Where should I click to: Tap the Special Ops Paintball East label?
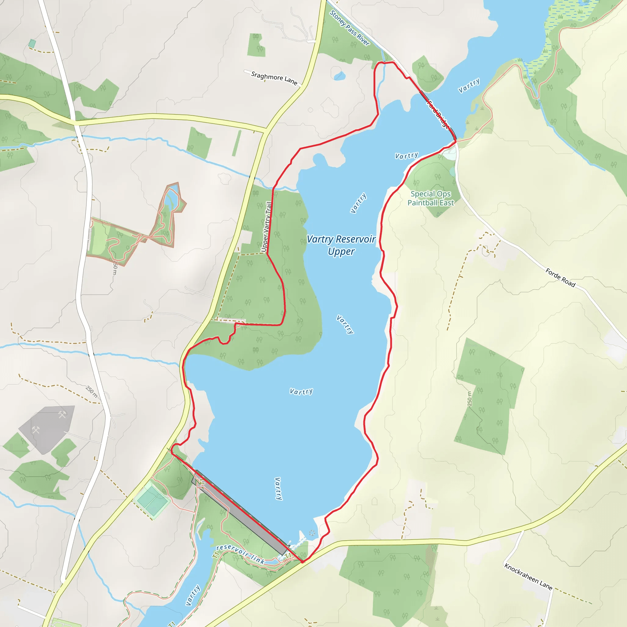pyautogui.click(x=431, y=198)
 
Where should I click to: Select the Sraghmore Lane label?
pyautogui.click(x=274, y=78)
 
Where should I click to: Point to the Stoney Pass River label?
pyautogui.click(x=350, y=28)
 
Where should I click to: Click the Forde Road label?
pyautogui.click(x=560, y=277)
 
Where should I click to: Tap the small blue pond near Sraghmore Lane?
pyautogui.click(x=340, y=76)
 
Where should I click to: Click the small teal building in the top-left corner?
pyautogui.click(x=32, y=43)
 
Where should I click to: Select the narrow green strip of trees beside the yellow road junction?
pyautogui.click(x=237, y=143)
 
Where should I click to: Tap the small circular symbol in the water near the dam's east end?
pyautogui.click(x=312, y=533)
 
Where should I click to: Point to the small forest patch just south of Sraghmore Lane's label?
pyautogui.click(x=256, y=45)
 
